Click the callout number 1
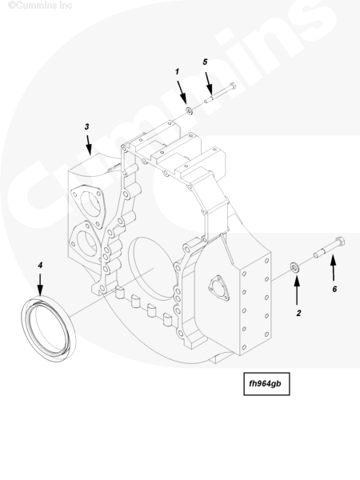click(177, 72)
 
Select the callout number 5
click(205, 62)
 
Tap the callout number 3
click(87, 126)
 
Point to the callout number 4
click(40, 265)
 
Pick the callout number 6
click(334, 289)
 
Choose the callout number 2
click(298, 313)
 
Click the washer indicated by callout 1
click(190, 110)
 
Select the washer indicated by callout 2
click(295, 267)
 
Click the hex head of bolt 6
click(340, 242)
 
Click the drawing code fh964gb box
click(266, 384)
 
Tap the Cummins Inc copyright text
click(40, 6)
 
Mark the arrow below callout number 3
click(89, 145)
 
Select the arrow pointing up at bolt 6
click(334, 269)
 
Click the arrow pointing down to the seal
click(40, 285)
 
